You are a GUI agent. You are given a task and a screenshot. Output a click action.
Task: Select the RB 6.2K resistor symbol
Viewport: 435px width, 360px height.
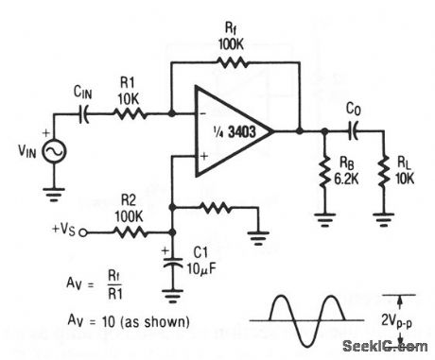tap(324, 171)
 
